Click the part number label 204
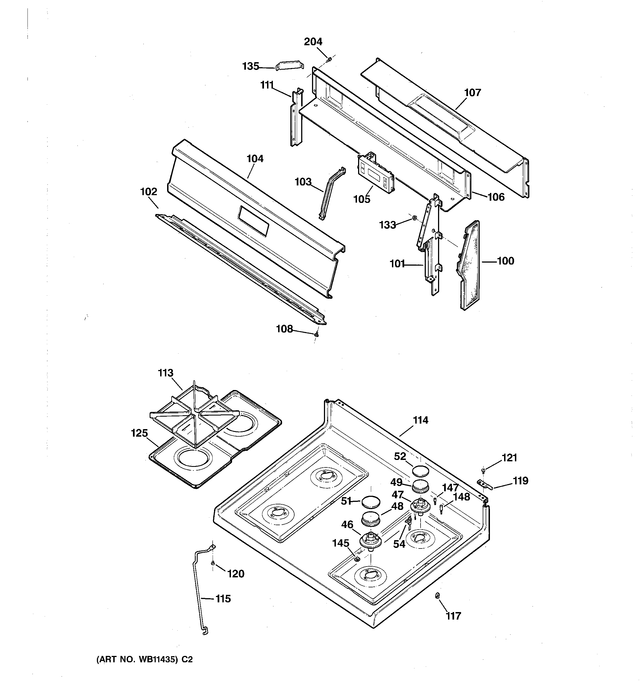pyautogui.click(x=313, y=42)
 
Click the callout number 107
pyautogui.click(x=472, y=93)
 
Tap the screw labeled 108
pyautogui.click(x=316, y=334)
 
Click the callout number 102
pyautogui.click(x=149, y=192)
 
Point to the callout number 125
pyautogui.click(x=139, y=433)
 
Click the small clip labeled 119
pyautogui.click(x=484, y=484)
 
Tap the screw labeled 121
pyautogui.click(x=483, y=470)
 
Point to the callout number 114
pyautogui.click(x=420, y=420)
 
